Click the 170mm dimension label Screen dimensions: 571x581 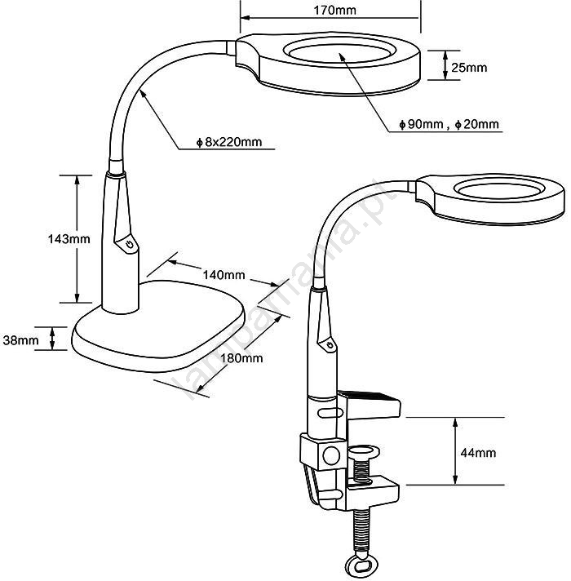(x=334, y=10)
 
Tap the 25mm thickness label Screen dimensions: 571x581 (x=469, y=68)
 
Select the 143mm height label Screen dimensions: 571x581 (x=69, y=238)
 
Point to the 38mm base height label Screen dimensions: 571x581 (x=20, y=339)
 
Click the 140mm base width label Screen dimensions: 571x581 (x=224, y=274)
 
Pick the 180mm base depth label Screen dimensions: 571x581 (x=241, y=358)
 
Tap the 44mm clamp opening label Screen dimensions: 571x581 (x=478, y=452)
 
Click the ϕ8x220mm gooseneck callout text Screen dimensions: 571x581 (x=229, y=142)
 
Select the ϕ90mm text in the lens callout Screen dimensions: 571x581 (x=421, y=124)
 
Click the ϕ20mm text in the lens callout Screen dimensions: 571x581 (x=477, y=124)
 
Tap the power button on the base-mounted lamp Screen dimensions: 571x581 (x=129, y=245)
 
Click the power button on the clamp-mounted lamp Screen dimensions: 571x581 (x=330, y=345)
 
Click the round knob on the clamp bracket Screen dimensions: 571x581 (x=331, y=455)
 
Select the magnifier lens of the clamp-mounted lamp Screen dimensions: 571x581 (x=499, y=190)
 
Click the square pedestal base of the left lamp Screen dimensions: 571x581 (x=158, y=326)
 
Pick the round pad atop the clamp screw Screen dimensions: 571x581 (x=363, y=452)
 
